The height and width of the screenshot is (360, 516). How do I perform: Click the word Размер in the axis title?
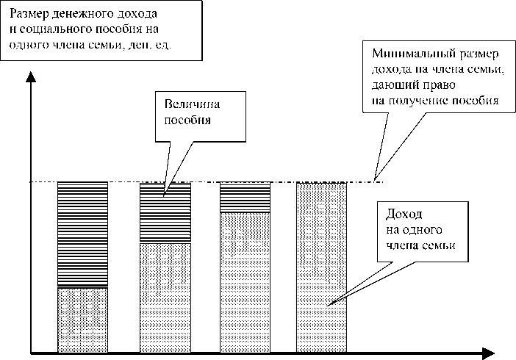click(29, 15)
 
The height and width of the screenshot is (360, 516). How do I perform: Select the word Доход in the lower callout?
click(403, 215)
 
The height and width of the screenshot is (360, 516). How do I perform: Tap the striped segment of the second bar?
click(165, 212)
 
